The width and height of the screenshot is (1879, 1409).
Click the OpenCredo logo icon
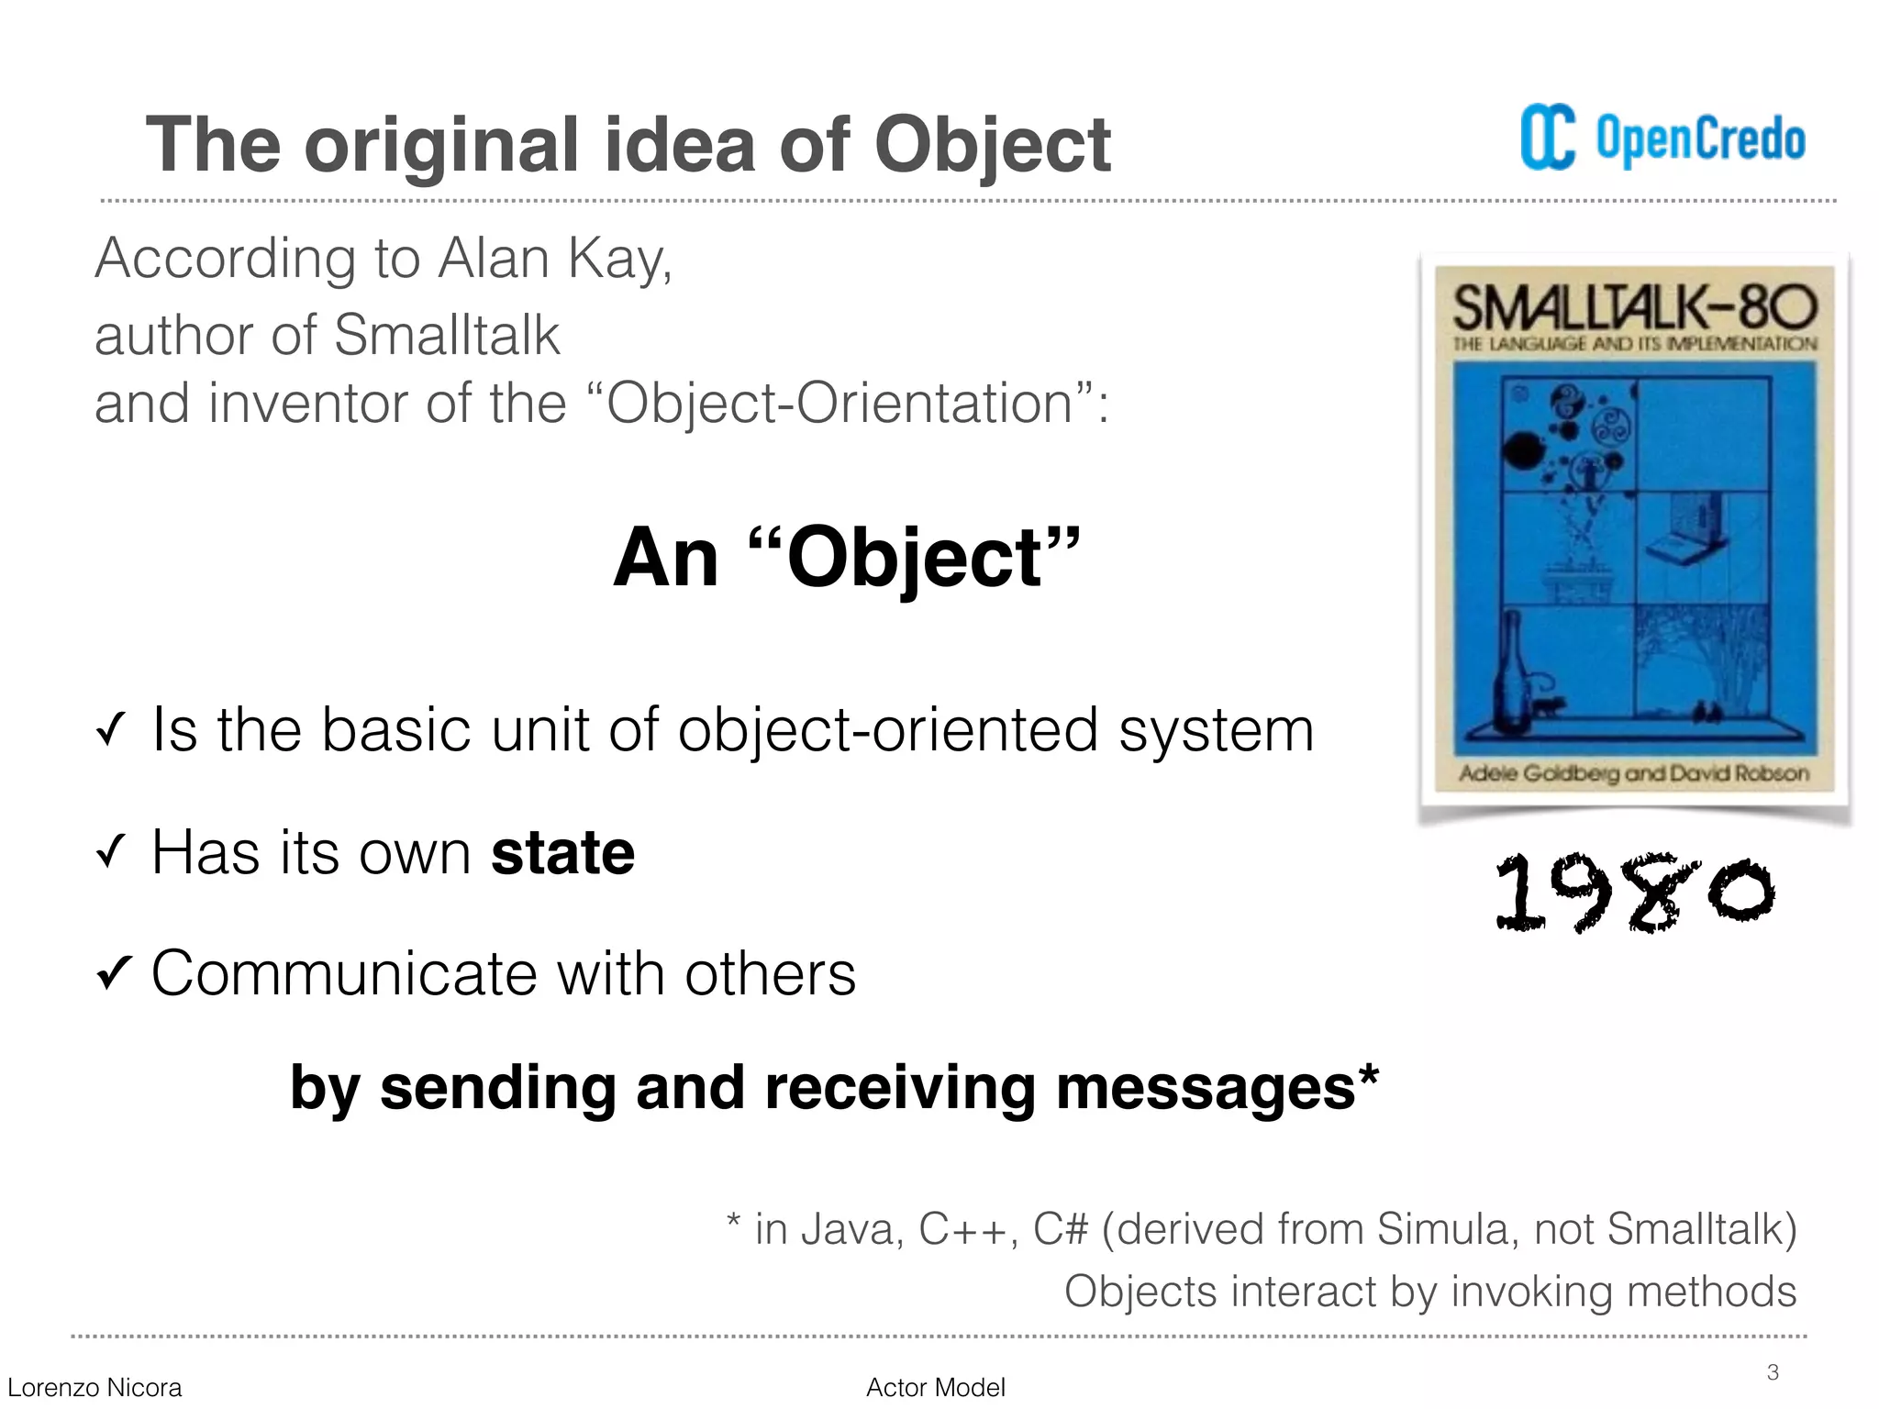coord(1547,139)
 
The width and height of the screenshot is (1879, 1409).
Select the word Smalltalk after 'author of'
coord(446,335)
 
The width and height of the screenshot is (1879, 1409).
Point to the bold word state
coord(562,853)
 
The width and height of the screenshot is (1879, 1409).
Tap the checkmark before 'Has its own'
coord(109,854)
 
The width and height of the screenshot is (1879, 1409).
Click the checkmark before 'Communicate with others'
coord(114,974)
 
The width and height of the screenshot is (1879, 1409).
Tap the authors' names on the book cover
coord(1634,773)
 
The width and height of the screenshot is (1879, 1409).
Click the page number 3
coord(1773,1372)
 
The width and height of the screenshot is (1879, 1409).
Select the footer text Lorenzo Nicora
coord(95,1388)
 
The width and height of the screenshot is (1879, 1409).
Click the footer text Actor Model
coord(935,1388)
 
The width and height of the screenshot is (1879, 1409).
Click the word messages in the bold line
coord(1206,1088)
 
